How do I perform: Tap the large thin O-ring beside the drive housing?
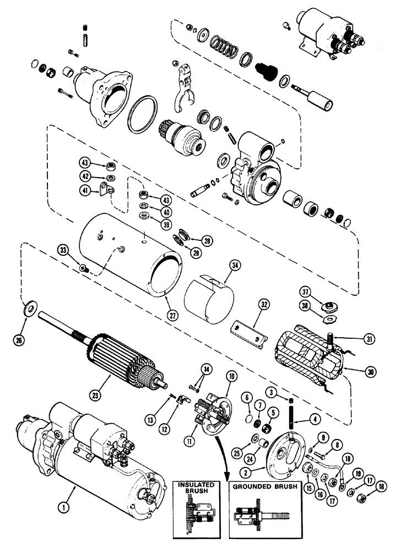click(146, 116)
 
